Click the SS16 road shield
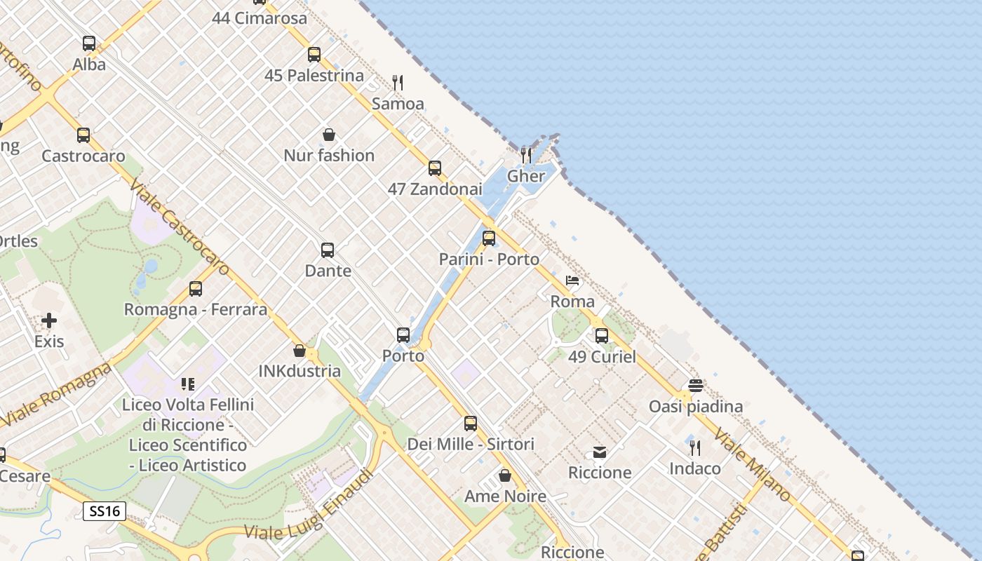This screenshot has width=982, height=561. pos(105,511)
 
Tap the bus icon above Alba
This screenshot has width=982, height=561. pos(89,43)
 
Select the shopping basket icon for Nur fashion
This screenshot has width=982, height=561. pos(328,135)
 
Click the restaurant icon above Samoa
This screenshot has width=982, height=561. pos(398,83)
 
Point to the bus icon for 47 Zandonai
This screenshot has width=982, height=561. pos(435,168)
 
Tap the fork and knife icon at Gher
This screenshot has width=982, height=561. pos(526,155)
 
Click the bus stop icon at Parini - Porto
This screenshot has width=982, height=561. pos(489,238)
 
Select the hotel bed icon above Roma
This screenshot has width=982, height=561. pos(572,281)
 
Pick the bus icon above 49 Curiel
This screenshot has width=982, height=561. pos(602,336)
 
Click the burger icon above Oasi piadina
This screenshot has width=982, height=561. pos(696,386)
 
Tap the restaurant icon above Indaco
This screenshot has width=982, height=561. pos(695,447)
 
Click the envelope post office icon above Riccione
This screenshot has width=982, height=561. pos(600,452)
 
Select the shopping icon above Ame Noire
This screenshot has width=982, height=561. pos(505,476)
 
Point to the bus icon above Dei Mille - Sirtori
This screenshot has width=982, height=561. pos(471,424)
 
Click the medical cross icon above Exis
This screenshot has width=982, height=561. pos(49,320)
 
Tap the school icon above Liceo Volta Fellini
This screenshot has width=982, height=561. pos(187,384)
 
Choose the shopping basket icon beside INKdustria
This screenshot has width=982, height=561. pos(300,351)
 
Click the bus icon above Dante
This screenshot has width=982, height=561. pos(328,250)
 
